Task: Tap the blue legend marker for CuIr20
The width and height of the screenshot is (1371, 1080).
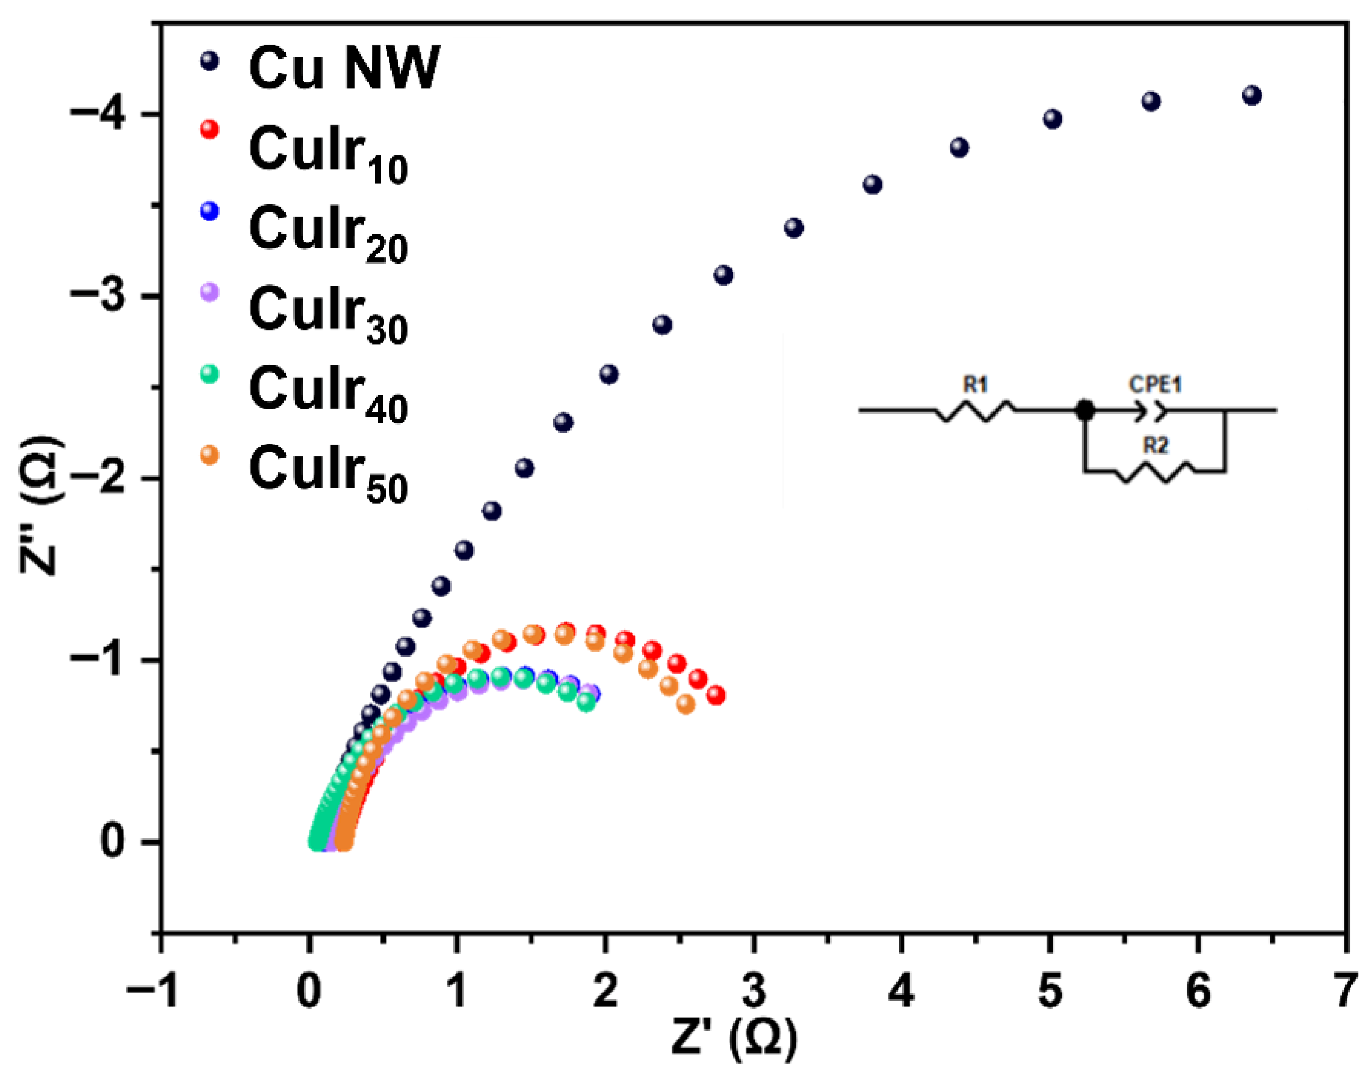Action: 209,211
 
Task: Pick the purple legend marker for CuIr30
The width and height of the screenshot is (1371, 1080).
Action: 209,292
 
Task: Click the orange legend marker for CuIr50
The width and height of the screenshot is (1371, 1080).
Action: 209,455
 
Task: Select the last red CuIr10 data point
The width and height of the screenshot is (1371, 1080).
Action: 716,696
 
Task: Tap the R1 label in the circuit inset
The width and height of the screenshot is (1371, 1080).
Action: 975,384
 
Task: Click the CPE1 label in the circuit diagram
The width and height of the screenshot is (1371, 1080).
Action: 1155,384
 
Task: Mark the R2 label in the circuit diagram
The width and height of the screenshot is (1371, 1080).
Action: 1156,446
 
